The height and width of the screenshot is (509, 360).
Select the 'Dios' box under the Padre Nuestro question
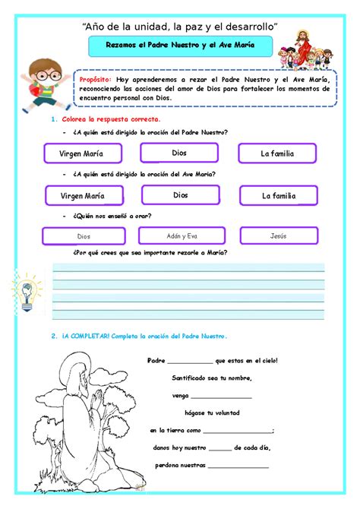(179, 153)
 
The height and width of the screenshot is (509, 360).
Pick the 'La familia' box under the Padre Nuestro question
(276, 154)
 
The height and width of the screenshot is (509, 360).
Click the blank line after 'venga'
(221, 397)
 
